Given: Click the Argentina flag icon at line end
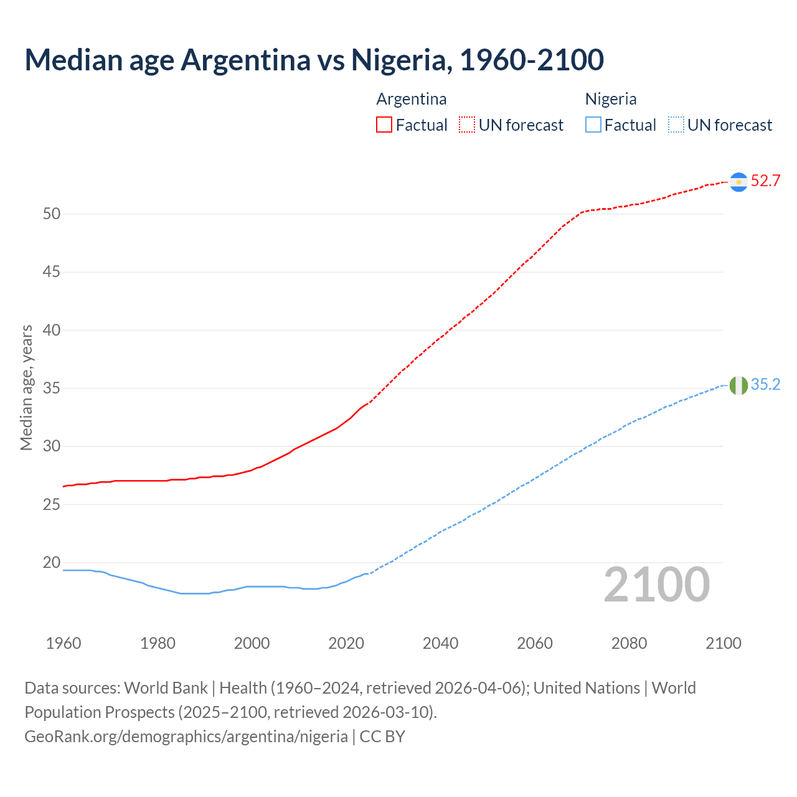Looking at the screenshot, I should [738, 182].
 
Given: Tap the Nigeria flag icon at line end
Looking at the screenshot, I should [738, 385].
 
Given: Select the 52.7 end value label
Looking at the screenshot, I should [765, 181].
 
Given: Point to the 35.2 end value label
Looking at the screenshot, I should [765, 385].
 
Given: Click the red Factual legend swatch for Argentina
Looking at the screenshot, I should [384, 125].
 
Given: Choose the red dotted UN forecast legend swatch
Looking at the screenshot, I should [467, 125].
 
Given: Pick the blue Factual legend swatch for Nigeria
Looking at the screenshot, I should [593, 125].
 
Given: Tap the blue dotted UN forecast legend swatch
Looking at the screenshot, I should [676, 125].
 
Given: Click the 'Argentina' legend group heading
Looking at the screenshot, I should [411, 99].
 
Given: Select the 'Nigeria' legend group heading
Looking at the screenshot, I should [610, 99].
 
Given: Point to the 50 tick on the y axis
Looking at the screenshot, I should [52, 214].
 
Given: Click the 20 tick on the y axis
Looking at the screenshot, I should [52, 563].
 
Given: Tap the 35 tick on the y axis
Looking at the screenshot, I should [52, 389].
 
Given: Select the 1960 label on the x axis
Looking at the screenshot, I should [64, 643].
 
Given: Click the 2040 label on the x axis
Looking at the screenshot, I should [440, 643].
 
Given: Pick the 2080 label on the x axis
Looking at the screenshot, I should [629, 643].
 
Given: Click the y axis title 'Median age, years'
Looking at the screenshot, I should [26, 387].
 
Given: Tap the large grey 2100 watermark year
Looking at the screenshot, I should [657, 585].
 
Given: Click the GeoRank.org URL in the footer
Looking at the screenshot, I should [186, 737].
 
